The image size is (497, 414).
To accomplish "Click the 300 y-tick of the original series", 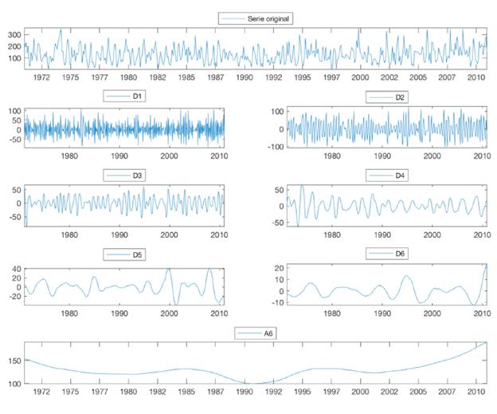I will click(14, 36).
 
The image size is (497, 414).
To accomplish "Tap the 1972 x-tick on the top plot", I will click(41, 77).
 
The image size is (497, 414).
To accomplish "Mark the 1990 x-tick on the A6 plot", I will click(245, 392).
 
